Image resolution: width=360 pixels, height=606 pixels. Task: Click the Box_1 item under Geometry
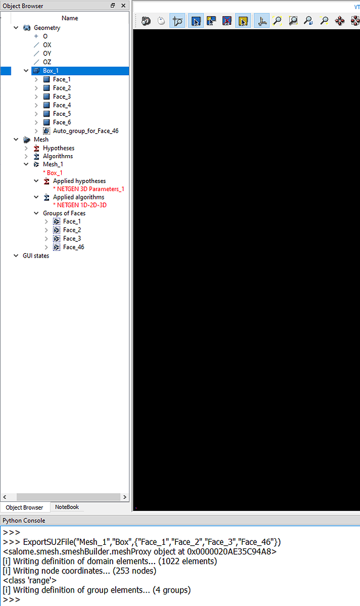(x=51, y=71)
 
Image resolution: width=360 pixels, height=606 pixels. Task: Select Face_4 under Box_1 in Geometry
(x=62, y=105)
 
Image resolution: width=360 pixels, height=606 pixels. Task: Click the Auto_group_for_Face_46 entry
(x=85, y=131)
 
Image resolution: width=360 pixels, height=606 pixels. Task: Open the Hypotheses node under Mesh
(x=58, y=148)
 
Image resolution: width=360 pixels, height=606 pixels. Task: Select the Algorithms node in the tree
(x=58, y=156)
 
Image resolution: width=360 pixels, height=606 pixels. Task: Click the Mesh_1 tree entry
(x=53, y=164)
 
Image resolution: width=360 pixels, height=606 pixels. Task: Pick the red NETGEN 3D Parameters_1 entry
(x=88, y=189)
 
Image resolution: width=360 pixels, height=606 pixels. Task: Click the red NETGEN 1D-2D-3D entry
(x=79, y=205)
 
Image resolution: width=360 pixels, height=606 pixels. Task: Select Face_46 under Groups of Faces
(x=73, y=247)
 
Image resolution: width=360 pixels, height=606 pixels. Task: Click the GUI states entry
(x=36, y=256)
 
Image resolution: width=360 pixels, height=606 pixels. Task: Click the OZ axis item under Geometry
(x=47, y=62)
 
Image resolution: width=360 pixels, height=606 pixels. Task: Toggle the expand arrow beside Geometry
(x=16, y=28)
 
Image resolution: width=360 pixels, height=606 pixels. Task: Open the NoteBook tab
(x=67, y=507)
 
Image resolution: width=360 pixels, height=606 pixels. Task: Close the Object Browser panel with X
(x=124, y=5)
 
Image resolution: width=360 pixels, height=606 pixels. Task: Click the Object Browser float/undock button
(x=113, y=5)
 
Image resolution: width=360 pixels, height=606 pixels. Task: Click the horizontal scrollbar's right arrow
(x=124, y=497)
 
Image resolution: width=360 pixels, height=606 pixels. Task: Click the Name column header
(x=70, y=18)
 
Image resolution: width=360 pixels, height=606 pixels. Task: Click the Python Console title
(x=24, y=521)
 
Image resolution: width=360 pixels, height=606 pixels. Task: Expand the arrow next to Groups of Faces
(x=36, y=213)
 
